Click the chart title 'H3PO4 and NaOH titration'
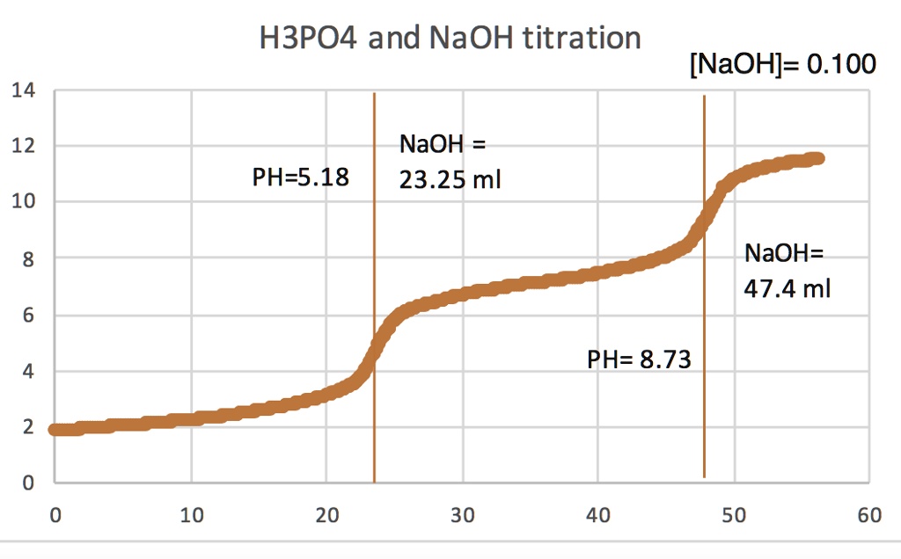click(450, 39)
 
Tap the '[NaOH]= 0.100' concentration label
click(783, 65)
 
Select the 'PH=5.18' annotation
click(300, 178)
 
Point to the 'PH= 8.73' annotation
click(638, 359)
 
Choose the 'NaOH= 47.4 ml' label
click(787, 271)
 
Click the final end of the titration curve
click(818, 158)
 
